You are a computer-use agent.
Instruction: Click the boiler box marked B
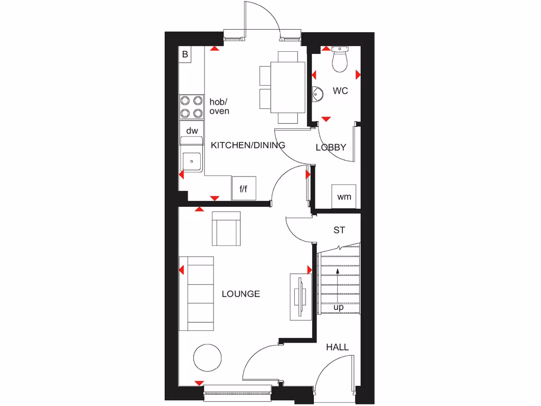pos(185,54)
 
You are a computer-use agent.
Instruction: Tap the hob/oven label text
pos(219,106)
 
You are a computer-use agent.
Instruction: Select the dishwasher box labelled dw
pos(192,131)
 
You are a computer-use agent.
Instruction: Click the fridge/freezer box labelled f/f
pos(244,188)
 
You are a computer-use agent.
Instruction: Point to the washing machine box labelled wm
pos(344,197)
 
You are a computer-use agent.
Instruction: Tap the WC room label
pos(340,91)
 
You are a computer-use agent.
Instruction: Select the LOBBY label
pos(331,147)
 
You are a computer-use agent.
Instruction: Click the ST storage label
pos(339,230)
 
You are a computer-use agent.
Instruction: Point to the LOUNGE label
pos(241,294)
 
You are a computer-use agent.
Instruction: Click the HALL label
pos(337,347)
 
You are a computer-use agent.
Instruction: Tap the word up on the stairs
pos(338,307)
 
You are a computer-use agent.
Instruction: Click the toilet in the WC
pos(339,60)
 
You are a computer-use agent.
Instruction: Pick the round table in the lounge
pos(208,358)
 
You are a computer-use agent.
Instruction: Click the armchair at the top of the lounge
pos(226,228)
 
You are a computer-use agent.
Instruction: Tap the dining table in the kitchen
pos(288,87)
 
